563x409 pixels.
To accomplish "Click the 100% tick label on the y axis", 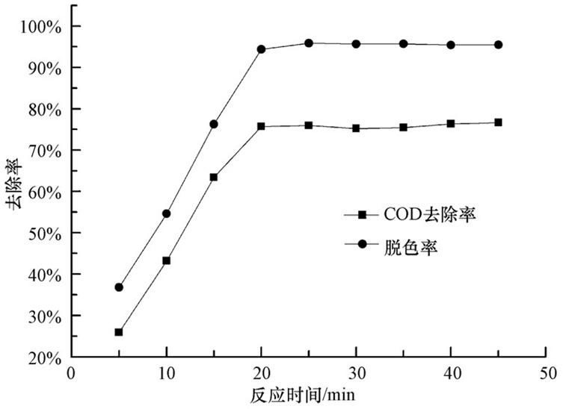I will tap(42, 27).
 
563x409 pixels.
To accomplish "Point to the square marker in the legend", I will tap(363, 215).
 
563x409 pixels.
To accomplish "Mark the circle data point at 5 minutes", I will tap(119, 287).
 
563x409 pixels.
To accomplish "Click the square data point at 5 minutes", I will tap(119, 332).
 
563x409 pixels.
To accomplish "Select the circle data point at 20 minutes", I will tap(261, 49).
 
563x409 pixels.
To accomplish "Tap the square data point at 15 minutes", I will tap(214, 178).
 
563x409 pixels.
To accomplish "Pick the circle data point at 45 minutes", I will tap(498, 45).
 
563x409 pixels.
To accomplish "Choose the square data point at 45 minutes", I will tap(498, 122).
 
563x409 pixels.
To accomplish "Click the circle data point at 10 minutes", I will tap(166, 213).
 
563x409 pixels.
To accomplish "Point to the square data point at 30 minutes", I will tap(356, 128).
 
